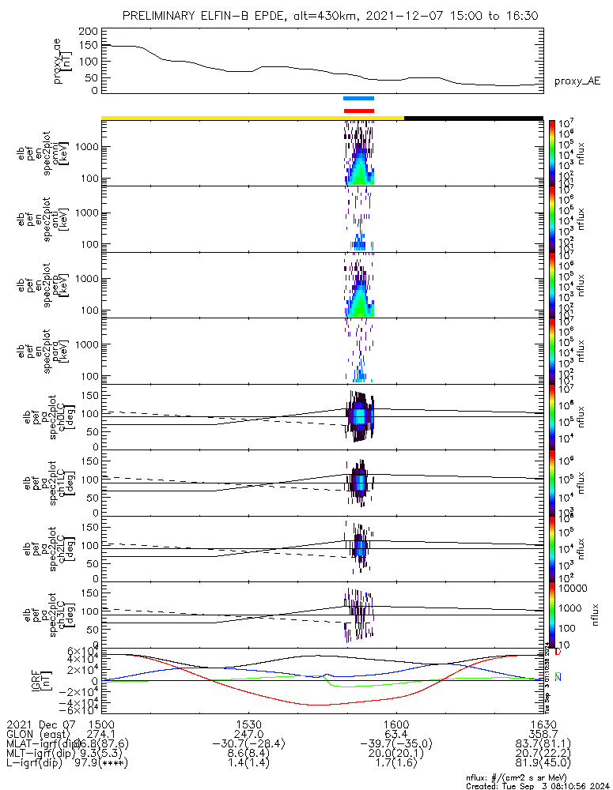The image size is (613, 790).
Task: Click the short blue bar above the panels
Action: [358, 98]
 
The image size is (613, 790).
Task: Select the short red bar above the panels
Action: [358, 111]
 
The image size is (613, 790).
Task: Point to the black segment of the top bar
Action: [473, 118]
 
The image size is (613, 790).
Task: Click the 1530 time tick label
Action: [249, 724]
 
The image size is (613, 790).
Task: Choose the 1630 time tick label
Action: [543, 724]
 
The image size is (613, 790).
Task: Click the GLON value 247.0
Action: [249, 734]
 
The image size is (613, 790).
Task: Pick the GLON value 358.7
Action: [543, 734]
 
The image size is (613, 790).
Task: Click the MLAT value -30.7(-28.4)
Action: [249, 744]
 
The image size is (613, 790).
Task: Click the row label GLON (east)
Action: [40, 734]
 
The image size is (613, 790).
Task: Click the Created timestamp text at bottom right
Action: [534, 785]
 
